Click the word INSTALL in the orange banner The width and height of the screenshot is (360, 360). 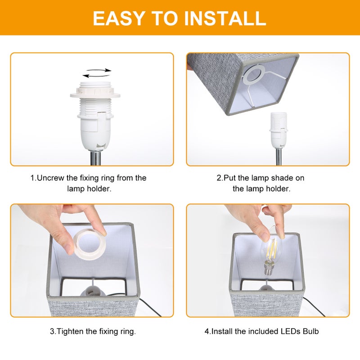point(225,18)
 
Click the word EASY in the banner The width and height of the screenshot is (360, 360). point(119,18)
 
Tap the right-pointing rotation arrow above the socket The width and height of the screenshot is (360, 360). point(99,70)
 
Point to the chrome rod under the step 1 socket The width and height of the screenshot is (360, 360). point(95,158)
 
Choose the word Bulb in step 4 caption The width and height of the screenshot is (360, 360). point(310,331)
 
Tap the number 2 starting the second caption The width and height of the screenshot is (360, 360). point(219,178)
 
